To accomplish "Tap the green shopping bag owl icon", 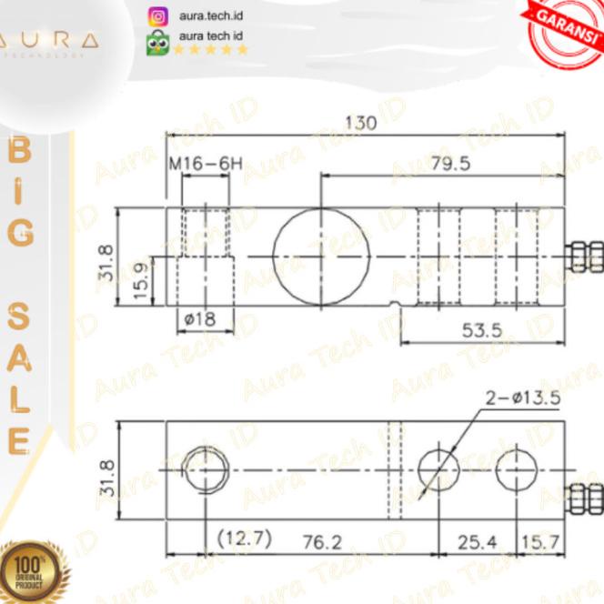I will [157, 42].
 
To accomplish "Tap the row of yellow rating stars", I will [211, 50].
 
